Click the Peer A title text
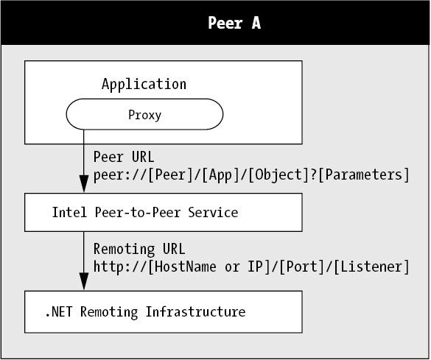point(234,23)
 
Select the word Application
point(144,85)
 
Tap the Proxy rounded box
point(144,114)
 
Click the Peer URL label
point(124,157)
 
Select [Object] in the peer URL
point(278,175)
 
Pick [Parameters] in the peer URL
point(364,175)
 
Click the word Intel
point(69,213)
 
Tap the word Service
point(213,213)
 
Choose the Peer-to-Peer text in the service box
point(138,213)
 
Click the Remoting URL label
point(139,249)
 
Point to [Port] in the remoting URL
point(302,267)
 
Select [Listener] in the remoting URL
point(371,267)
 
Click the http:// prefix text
point(120,267)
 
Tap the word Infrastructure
point(195,311)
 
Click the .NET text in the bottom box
point(59,312)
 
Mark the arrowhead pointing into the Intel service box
point(84,184)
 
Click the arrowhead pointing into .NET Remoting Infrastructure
point(84,281)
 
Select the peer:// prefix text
point(120,175)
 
